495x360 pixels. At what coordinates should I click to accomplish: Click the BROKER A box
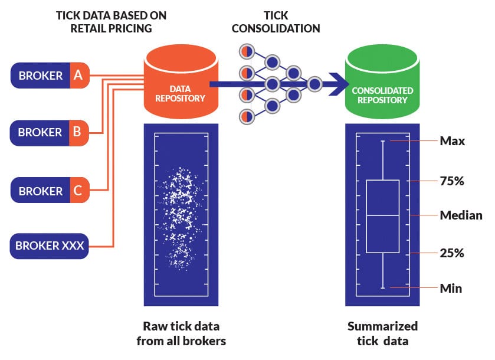pos(49,76)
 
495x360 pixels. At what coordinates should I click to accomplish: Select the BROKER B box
pos(49,133)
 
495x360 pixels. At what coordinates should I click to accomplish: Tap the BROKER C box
pos(49,191)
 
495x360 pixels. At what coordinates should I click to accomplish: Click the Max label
pos(453,141)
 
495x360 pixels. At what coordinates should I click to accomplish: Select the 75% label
pos(452,181)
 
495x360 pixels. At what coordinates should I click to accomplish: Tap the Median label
pos(461,215)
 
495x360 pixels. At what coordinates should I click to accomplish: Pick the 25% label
pos(452,253)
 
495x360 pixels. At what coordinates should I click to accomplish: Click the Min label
pos(451,289)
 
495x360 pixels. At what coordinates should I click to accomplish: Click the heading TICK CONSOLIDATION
pos(275,22)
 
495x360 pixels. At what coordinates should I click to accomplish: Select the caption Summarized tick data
pos(382,333)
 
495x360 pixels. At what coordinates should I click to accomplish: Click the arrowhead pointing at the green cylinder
pos(339,84)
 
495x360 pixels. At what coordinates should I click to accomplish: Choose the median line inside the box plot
pos(382,216)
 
